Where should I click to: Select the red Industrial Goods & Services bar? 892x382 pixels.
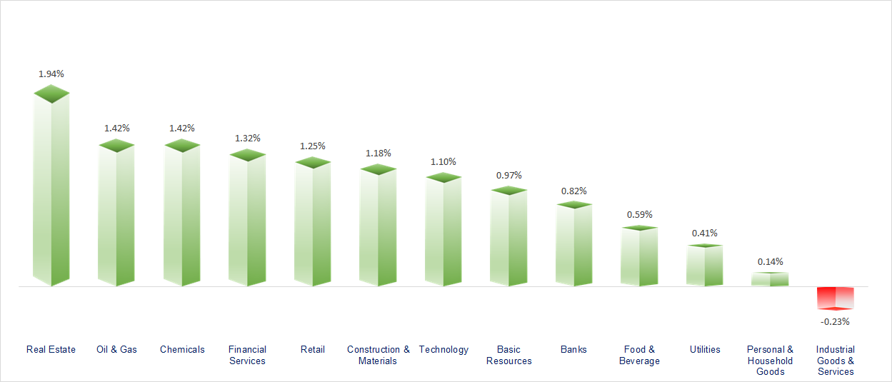tap(836, 297)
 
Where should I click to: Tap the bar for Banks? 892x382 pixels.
tap(575, 246)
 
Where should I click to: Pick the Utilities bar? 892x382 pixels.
tap(705, 266)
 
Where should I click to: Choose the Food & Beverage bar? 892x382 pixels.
tap(639, 257)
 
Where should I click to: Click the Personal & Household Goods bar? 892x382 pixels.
tap(770, 279)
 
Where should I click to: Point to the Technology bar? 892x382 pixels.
tap(444, 232)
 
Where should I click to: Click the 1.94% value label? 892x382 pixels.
tap(51, 74)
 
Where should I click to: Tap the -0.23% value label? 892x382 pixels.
tap(835, 321)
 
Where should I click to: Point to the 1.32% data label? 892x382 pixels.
tap(248, 138)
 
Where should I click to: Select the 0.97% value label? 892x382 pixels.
tap(509, 175)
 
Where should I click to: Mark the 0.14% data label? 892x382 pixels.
tap(771, 261)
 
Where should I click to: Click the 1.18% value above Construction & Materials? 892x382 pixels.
tap(379, 153)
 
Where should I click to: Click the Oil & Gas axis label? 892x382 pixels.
tap(117, 349)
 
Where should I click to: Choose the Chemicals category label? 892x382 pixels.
tap(182, 349)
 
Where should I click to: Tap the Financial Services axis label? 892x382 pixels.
tap(247, 355)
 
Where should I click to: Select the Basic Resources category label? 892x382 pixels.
tap(509, 355)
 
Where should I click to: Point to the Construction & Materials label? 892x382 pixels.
tap(379, 355)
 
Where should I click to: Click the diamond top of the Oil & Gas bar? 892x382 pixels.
tap(116, 145)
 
